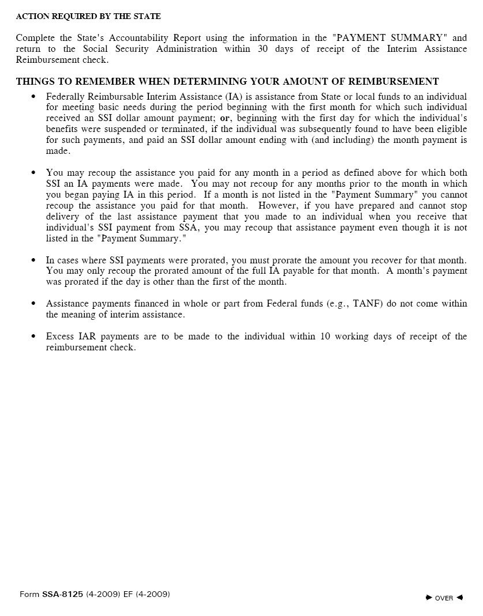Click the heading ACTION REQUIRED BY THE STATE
pyautogui.click(x=88, y=16)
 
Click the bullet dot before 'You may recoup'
pyautogui.click(x=33, y=173)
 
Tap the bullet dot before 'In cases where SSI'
pyautogui.click(x=33, y=260)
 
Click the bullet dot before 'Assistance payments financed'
pyautogui.click(x=33, y=304)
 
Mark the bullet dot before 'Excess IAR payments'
pyautogui.click(x=33, y=337)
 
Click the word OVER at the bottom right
pyautogui.click(x=444, y=598)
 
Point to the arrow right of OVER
pyautogui.click(x=459, y=598)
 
